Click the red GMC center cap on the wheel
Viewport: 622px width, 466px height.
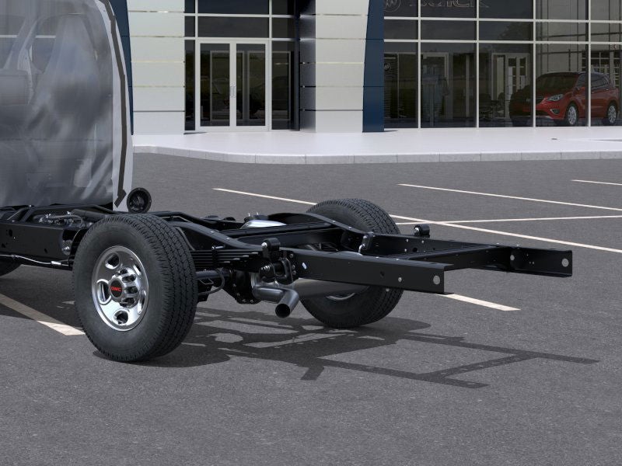(117, 289)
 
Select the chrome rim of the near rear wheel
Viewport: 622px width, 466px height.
(119, 287)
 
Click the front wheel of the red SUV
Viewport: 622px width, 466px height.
(571, 115)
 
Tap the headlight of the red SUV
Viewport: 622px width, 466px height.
(554, 98)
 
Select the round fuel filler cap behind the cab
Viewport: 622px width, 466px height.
(138, 200)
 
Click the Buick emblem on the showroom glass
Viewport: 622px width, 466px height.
(392, 5)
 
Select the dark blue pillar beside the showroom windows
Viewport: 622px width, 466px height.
(373, 66)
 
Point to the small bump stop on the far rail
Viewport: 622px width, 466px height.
(421, 231)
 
